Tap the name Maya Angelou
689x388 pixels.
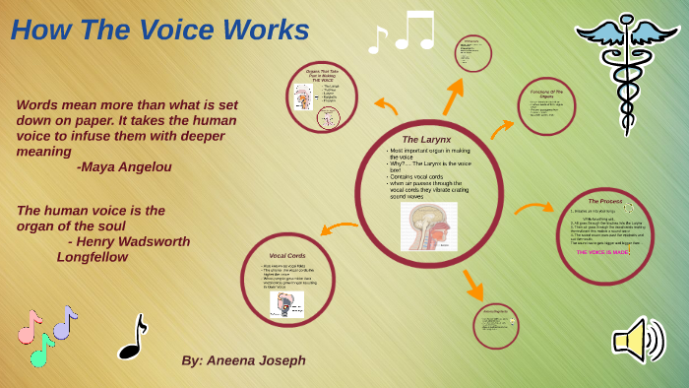(124, 167)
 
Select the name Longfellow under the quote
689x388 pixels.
(93, 256)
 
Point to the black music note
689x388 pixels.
(132, 337)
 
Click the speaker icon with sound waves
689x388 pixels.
(639, 341)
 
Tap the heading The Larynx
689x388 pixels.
(426, 140)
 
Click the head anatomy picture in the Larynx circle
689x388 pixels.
(428, 226)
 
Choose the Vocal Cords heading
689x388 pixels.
(287, 255)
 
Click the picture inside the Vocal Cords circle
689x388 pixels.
(288, 304)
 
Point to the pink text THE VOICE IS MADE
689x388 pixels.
(602, 252)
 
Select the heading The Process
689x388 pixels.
(604, 201)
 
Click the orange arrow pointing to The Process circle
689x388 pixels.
(534, 208)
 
